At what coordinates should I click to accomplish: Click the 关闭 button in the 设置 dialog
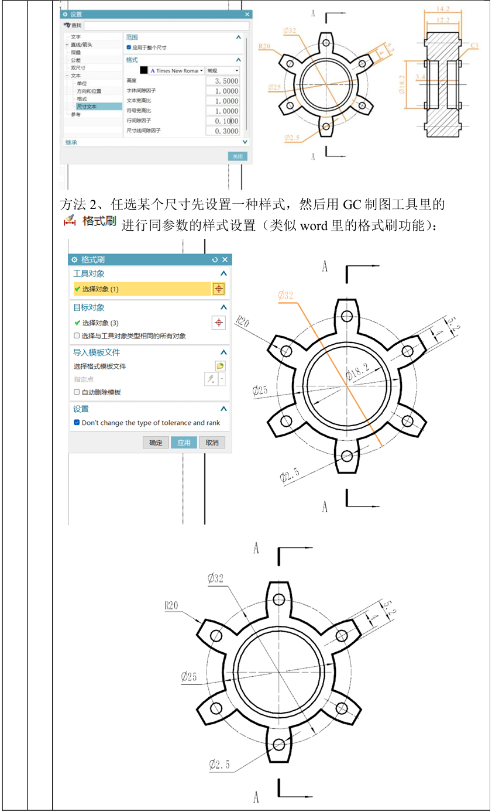[x=237, y=156]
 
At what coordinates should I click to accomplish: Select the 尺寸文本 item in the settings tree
[x=88, y=107]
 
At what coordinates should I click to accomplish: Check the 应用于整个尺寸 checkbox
[x=129, y=47]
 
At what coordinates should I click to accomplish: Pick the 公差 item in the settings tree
[x=76, y=60]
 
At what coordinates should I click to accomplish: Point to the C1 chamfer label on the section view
[x=475, y=45]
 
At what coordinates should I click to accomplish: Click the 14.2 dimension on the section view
[x=442, y=9]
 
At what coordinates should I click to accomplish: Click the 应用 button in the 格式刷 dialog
[x=184, y=443]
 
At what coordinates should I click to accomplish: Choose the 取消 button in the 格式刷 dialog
[x=211, y=443]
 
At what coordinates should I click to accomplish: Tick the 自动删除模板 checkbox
[x=77, y=392]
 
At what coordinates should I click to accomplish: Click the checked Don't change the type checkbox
[x=77, y=423]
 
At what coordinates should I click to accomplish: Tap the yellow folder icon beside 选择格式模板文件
[x=219, y=366]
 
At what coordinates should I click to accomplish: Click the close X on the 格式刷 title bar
[x=225, y=259]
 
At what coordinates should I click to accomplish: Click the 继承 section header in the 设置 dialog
[x=71, y=142]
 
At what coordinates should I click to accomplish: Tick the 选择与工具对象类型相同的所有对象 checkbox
[x=77, y=336]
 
